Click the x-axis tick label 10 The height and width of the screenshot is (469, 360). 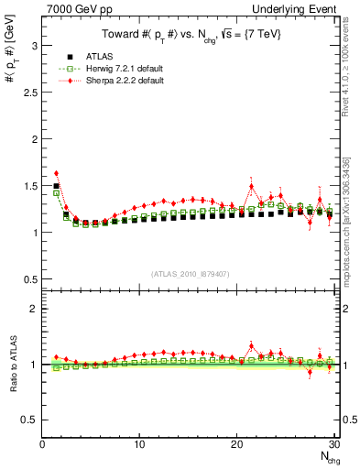139,444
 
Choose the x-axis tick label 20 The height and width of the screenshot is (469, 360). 237,444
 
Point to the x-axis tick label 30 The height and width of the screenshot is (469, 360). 334,444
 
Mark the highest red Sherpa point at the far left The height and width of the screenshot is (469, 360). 56,173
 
